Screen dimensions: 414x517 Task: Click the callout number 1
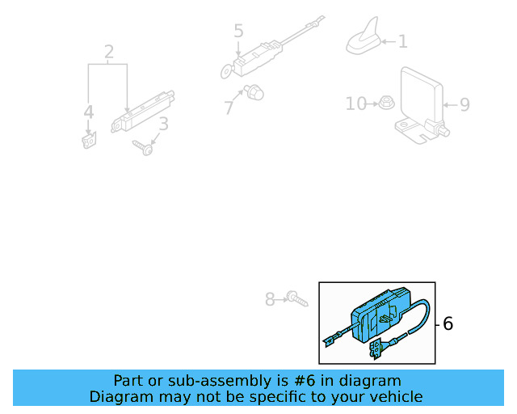pos(402,41)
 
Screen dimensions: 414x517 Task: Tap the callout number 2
pos(108,53)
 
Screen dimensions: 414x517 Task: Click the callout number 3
pos(163,125)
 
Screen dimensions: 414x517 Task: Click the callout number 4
pos(88,112)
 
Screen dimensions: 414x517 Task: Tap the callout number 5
pos(238,32)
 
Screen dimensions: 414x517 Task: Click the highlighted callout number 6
pos(448,324)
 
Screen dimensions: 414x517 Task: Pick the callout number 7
pos(229,106)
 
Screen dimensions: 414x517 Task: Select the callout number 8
pos(271,299)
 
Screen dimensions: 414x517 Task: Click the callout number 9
pos(464,104)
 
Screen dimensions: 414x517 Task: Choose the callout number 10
pos(355,103)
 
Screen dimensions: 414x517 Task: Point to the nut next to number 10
pos(386,103)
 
